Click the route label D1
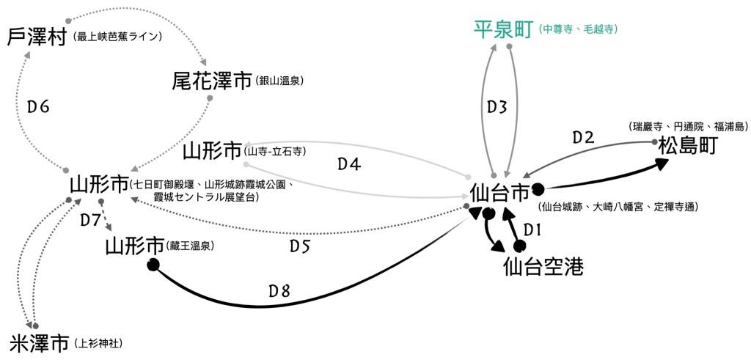tap(532, 229)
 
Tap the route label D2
tap(583, 137)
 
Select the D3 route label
tap(497, 106)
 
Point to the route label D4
tap(349, 165)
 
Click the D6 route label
tap(38, 107)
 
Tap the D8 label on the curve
tap(279, 291)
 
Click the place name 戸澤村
tap(37, 37)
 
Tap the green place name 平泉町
tap(502, 30)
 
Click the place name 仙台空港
tap(543, 267)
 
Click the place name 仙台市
tap(499, 193)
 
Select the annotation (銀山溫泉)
tap(280, 81)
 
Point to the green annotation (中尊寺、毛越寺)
tap(576, 30)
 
